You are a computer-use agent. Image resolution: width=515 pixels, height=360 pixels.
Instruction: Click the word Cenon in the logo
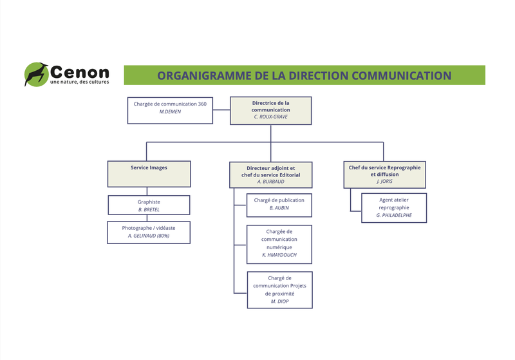click(79, 71)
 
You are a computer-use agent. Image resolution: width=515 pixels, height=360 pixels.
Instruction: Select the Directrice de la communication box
click(271, 110)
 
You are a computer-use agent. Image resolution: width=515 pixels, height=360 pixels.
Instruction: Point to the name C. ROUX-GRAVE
click(271, 117)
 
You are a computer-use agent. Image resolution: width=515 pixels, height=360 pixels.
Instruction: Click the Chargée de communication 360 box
click(170, 110)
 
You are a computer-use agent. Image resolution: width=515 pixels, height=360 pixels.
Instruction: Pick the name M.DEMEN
click(170, 112)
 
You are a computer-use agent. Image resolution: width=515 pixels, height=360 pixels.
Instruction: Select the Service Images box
click(149, 174)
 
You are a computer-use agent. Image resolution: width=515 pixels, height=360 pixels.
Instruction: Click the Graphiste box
click(149, 205)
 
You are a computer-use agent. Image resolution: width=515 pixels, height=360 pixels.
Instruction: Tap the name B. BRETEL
click(149, 210)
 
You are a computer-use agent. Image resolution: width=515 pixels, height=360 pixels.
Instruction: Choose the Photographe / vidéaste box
click(149, 232)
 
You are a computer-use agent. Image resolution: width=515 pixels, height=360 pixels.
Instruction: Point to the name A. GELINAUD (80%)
click(149, 236)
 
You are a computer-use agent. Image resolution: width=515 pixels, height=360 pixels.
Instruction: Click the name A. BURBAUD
click(271, 182)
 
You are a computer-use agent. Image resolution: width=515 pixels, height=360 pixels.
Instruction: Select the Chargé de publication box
click(279, 205)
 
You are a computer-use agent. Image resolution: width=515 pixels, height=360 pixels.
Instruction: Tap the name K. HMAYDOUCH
click(279, 256)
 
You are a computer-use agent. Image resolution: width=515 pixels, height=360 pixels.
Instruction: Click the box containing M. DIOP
click(279, 290)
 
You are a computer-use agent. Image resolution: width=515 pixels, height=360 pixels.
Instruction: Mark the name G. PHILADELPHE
click(394, 216)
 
